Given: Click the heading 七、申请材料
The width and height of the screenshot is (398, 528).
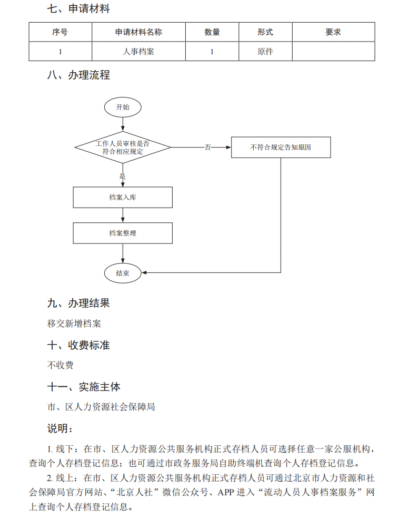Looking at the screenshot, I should [x=78, y=8].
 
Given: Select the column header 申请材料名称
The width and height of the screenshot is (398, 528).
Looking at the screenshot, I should [x=138, y=32].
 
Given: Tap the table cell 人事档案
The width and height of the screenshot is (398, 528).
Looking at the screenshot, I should [x=138, y=52].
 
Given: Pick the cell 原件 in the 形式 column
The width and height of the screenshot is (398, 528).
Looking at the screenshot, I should [x=265, y=52].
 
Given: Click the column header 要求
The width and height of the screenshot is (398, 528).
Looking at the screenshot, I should [x=333, y=32].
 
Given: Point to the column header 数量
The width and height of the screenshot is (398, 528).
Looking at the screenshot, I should [x=212, y=32].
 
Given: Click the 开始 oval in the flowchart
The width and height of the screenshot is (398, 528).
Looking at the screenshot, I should [x=123, y=107].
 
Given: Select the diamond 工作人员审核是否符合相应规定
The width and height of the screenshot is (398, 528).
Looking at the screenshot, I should [x=123, y=147].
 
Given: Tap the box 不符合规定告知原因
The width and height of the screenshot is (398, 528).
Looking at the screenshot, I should [x=281, y=147].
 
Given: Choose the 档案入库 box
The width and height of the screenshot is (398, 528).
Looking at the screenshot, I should [x=123, y=198].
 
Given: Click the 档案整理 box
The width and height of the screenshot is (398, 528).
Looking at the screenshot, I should [x=123, y=233].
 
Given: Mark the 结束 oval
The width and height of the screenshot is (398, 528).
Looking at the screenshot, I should [x=123, y=273].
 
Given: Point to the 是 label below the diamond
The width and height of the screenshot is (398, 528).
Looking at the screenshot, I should [x=123, y=177].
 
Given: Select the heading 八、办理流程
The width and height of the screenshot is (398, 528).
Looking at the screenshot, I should [x=78, y=75].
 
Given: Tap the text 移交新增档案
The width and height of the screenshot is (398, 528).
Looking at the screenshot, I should [x=74, y=324].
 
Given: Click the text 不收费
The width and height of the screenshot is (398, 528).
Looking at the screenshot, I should [x=61, y=365].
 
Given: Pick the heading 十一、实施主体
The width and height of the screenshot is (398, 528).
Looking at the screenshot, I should [x=84, y=387].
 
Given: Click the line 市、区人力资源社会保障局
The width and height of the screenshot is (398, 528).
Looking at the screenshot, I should [x=101, y=407].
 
